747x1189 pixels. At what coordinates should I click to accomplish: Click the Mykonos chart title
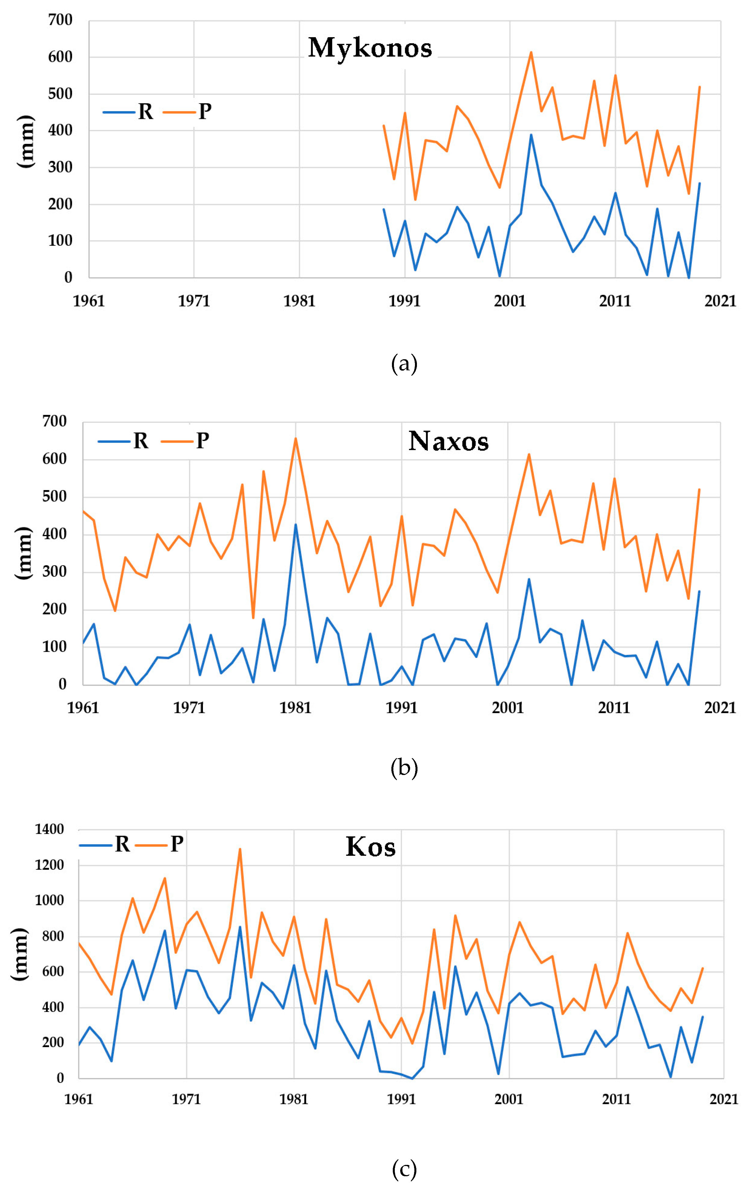pos(370,48)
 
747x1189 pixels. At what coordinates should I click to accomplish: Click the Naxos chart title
pos(448,441)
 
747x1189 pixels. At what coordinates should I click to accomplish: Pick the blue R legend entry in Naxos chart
pos(123,440)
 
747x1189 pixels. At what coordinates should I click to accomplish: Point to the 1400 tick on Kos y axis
pos(49,829)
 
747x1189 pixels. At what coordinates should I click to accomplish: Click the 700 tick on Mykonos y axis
pos(60,20)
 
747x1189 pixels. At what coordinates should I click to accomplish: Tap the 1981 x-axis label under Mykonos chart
pos(299,301)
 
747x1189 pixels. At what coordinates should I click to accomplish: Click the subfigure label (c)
pos(404,1169)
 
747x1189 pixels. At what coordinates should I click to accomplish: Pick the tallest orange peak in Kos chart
pos(240,849)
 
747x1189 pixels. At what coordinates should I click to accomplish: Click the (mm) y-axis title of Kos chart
pos(20,953)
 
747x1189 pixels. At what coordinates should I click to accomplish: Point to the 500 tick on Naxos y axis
pos(54,496)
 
